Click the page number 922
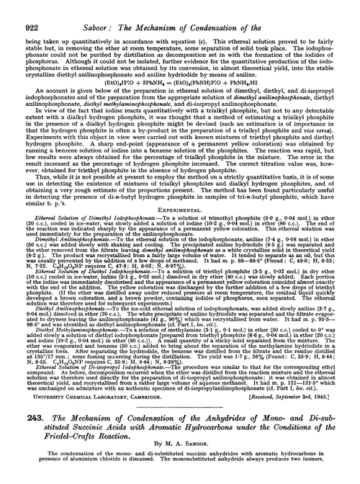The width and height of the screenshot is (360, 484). coord(22,10)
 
